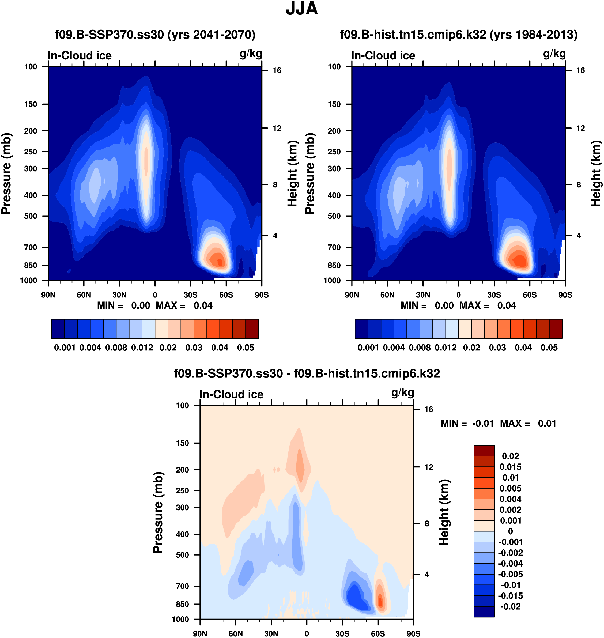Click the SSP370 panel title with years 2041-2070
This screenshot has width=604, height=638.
[x=155, y=35]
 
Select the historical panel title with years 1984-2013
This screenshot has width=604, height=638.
[x=458, y=35]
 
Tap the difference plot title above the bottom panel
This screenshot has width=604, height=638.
[x=307, y=373]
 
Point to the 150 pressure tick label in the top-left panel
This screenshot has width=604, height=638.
[x=31, y=104]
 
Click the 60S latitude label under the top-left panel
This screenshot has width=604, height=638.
[x=226, y=295]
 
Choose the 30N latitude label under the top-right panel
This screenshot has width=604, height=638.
[x=423, y=295]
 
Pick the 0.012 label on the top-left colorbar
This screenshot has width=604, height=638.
[x=142, y=348]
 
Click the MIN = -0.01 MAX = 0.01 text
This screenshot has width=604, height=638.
[x=499, y=424]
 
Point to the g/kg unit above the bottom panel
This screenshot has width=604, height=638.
[x=402, y=393]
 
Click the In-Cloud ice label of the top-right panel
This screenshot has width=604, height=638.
[x=383, y=56]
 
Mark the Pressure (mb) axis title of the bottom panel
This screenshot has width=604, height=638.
[x=158, y=512]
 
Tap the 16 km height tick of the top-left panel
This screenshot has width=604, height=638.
[x=277, y=70]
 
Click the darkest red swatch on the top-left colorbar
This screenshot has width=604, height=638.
[x=252, y=329]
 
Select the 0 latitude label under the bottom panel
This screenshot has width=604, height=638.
[x=307, y=633]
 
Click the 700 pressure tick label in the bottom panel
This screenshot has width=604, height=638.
[x=182, y=586]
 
